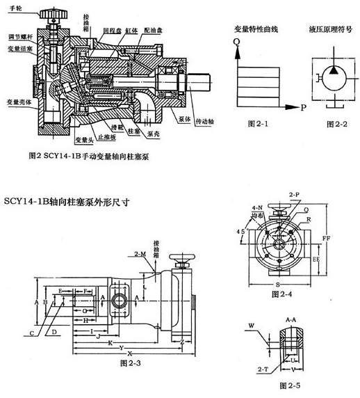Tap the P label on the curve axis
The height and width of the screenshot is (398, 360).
coord(304,108)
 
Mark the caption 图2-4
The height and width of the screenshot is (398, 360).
coord(285,295)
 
